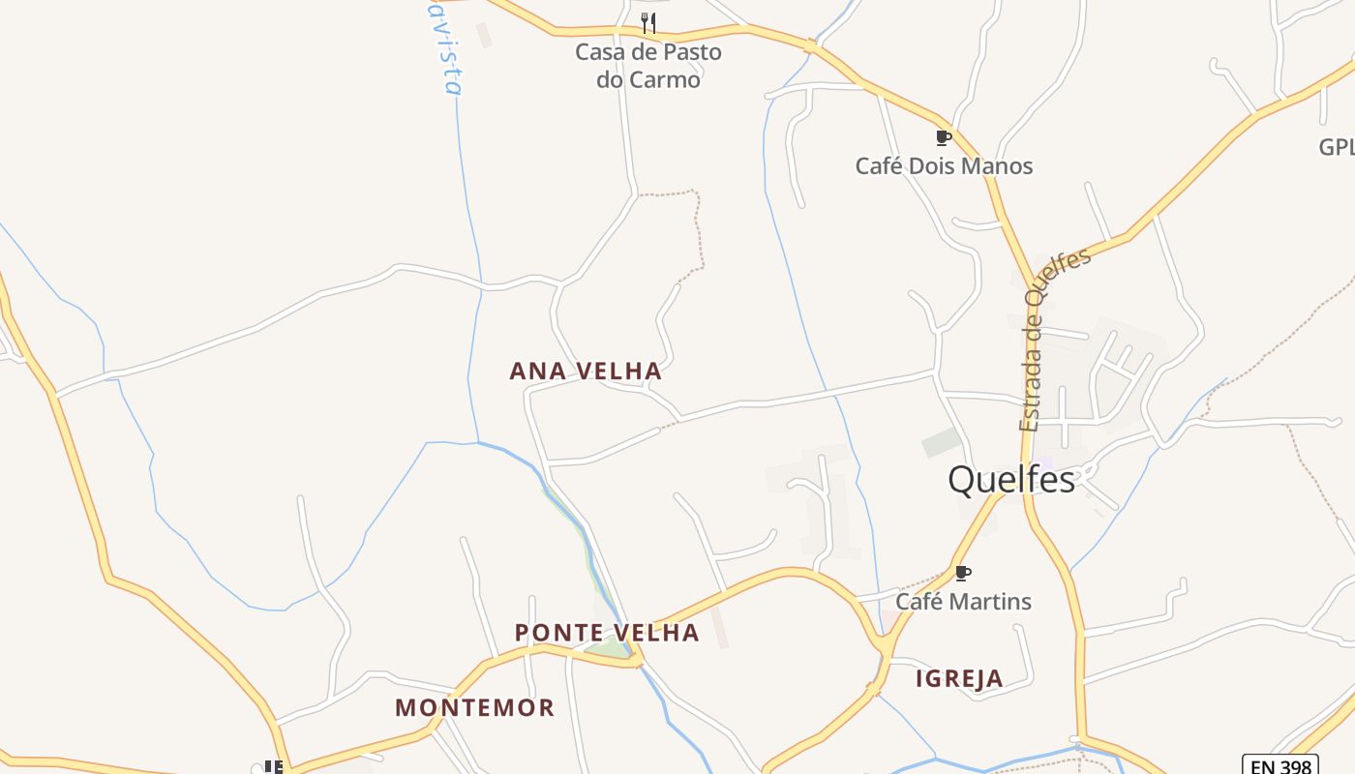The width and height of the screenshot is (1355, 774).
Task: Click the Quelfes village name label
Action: click(x=1010, y=479)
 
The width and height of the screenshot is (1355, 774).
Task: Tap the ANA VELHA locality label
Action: click(x=586, y=371)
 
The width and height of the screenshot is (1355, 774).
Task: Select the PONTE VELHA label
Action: click(x=607, y=633)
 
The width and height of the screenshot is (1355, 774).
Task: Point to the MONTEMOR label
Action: click(x=474, y=707)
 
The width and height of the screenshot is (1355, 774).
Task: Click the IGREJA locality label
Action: click(x=959, y=678)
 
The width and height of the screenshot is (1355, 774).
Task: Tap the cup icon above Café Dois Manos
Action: click(x=943, y=137)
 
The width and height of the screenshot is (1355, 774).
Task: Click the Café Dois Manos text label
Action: click(x=944, y=165)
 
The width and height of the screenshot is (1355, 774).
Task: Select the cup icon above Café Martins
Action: click(x=962, y=573)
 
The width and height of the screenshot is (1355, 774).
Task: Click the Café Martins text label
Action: click(x=963, y=601)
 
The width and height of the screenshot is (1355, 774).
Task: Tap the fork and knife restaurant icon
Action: click(x=648, y=22)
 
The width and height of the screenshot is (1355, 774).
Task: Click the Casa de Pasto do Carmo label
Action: click(x=648, y=65)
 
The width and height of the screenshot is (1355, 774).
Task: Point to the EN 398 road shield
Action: click(x=1280, y=765)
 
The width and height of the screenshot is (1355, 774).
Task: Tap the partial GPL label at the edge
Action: click(x=1337, y=147)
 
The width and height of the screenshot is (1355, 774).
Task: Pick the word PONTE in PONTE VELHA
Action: click(x=555, y=633)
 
